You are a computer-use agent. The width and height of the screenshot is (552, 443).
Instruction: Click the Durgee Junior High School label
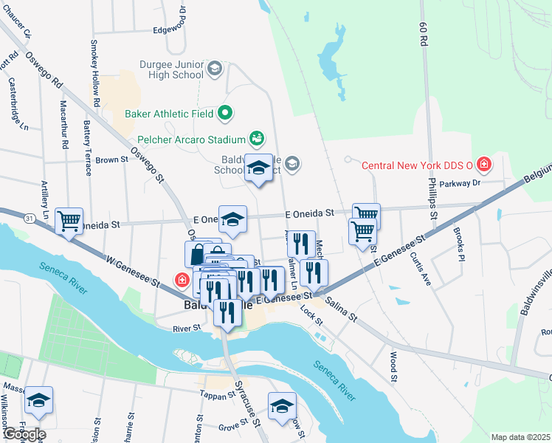(169, 69)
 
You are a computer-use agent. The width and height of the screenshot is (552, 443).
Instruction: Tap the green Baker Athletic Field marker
(226, 114)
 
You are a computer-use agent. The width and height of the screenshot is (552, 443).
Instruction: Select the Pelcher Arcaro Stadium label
(191, 140)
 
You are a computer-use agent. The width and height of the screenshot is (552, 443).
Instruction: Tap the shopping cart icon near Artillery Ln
(69, 220)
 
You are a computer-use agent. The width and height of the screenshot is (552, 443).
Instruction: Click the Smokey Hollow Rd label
(95, 73)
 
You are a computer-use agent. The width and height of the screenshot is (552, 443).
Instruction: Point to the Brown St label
(111, 159)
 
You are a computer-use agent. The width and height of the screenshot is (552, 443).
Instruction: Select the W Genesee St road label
(133, 270)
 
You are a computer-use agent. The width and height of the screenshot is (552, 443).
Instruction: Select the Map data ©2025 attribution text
(520, 437)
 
